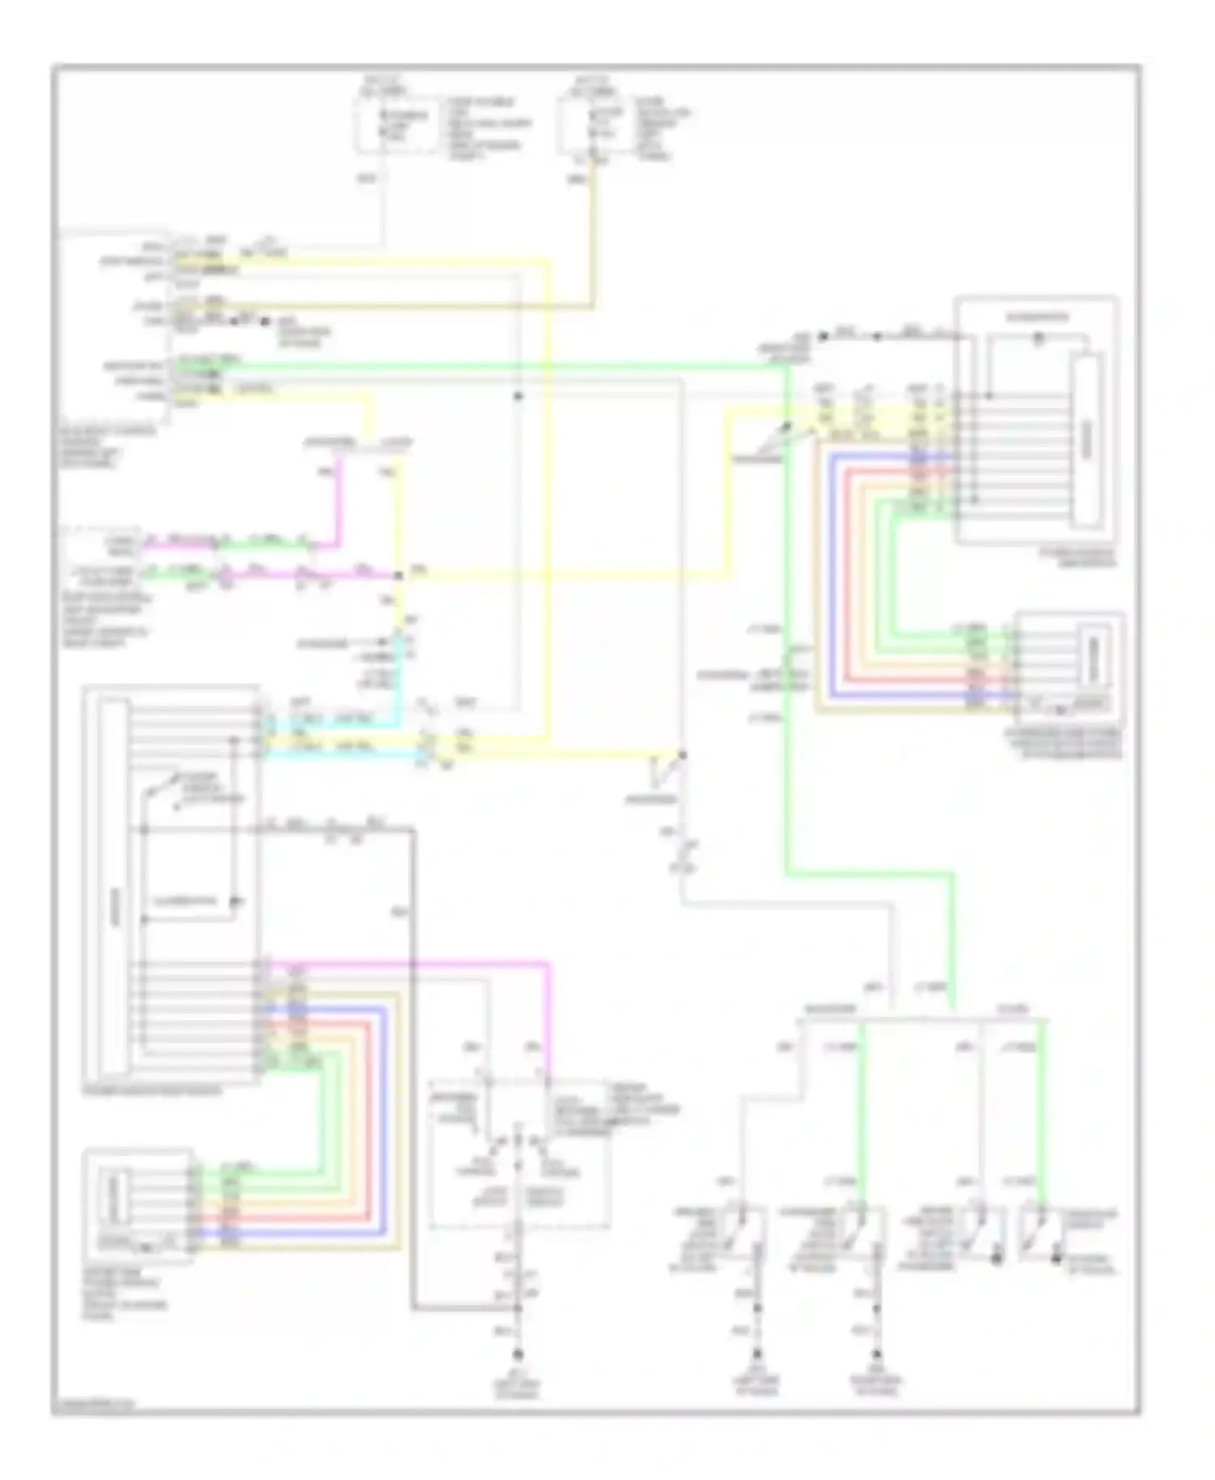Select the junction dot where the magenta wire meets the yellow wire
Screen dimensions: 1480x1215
[x=398, y=576]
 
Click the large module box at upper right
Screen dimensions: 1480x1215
[x=1036, y=421]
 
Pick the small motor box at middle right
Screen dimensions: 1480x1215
[x=1069, y=668]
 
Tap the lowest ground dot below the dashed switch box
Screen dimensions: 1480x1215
[x=518, y=1354]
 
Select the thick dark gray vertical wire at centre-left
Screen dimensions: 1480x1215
[x=414, y=1053]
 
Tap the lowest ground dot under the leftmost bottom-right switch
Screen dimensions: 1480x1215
[x=757, y=1354]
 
